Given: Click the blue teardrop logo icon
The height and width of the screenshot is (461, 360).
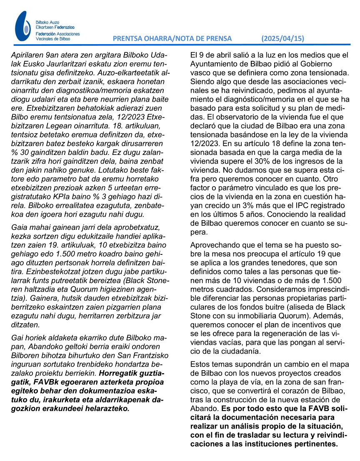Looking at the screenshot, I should pyautogui.click(x=22, y=26).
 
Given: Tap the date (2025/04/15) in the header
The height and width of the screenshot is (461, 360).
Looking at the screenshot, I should pyautogui.click(x=282, y=38).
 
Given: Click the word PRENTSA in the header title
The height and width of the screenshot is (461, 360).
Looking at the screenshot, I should pyautogui.click(x=128, y=38).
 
